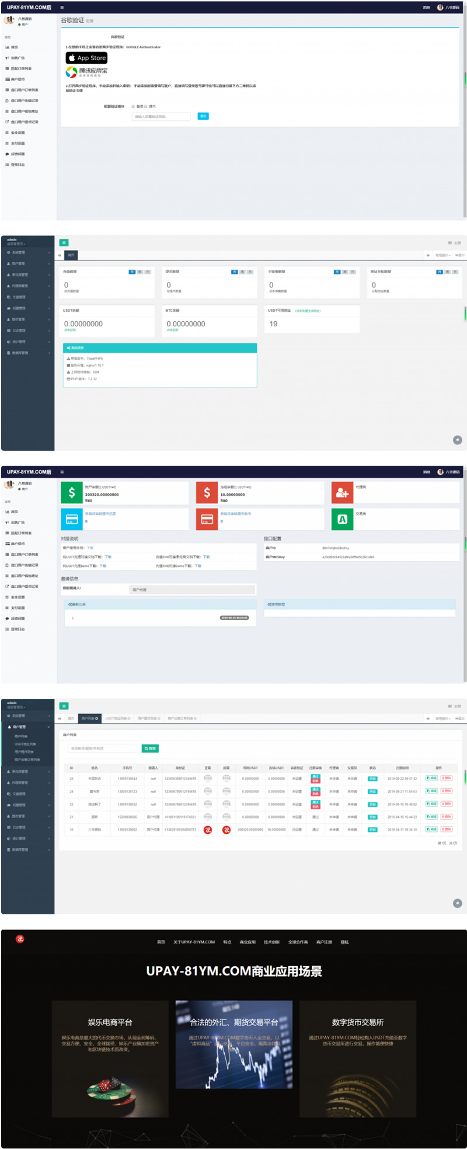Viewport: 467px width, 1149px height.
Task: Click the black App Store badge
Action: pos(86,58)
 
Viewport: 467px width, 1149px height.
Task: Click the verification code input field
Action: pos(161,116)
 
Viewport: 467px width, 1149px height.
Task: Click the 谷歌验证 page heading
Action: pos(72,20)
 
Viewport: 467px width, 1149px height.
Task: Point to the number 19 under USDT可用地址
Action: pos(273,323)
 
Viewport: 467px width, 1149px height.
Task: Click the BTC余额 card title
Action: pos(172,311)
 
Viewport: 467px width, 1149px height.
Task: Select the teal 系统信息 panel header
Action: pos(159,348)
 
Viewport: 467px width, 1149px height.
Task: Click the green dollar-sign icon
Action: pos(72,493)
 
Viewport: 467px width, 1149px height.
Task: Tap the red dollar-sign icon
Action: pos(207,493)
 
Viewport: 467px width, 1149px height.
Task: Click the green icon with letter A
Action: pos(342,519)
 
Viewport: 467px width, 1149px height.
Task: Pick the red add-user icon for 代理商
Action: pos(342,493)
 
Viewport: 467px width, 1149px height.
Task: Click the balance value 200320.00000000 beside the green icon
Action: pos(102,495)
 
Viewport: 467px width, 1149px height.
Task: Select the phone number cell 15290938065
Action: pos(127,817)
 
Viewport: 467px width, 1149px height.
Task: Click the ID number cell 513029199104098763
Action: pos(180,829)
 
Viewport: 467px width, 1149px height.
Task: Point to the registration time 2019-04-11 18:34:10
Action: pos(402,829)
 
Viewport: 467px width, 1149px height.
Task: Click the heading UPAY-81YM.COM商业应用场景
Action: pos(233,971)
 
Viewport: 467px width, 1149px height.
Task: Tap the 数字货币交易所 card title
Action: pos(357,1022)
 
